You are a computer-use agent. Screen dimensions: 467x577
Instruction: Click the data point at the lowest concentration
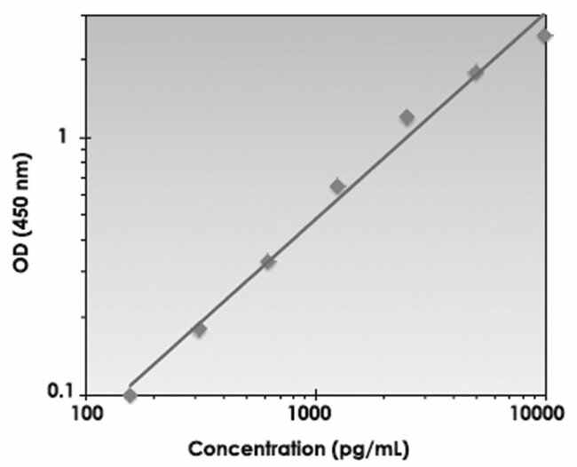click(x=130, y=395)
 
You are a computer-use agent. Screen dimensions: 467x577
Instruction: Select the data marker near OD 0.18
click(x=199, y=329)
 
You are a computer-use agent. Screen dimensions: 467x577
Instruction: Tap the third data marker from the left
click(x=268, y=262)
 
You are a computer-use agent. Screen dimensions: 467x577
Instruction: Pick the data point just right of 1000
click(x=337, y=186)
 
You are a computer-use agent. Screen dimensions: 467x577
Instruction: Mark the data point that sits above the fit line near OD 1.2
click(x=407, y=117)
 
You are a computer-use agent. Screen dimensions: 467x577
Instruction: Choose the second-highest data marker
click(x=476, y=73)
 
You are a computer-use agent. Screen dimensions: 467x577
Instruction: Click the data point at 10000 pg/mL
click(x=544, y=36)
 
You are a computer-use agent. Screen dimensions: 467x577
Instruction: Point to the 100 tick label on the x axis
click(x=86, y=414)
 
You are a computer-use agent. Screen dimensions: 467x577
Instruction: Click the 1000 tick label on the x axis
click(x=312, y=414)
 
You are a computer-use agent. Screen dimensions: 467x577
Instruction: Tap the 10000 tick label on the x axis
click(x=541, y=414)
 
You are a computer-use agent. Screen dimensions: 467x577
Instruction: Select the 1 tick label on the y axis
click(x=62, y=138)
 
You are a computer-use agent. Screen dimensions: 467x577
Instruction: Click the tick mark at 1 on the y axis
click(x=90, y=138)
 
